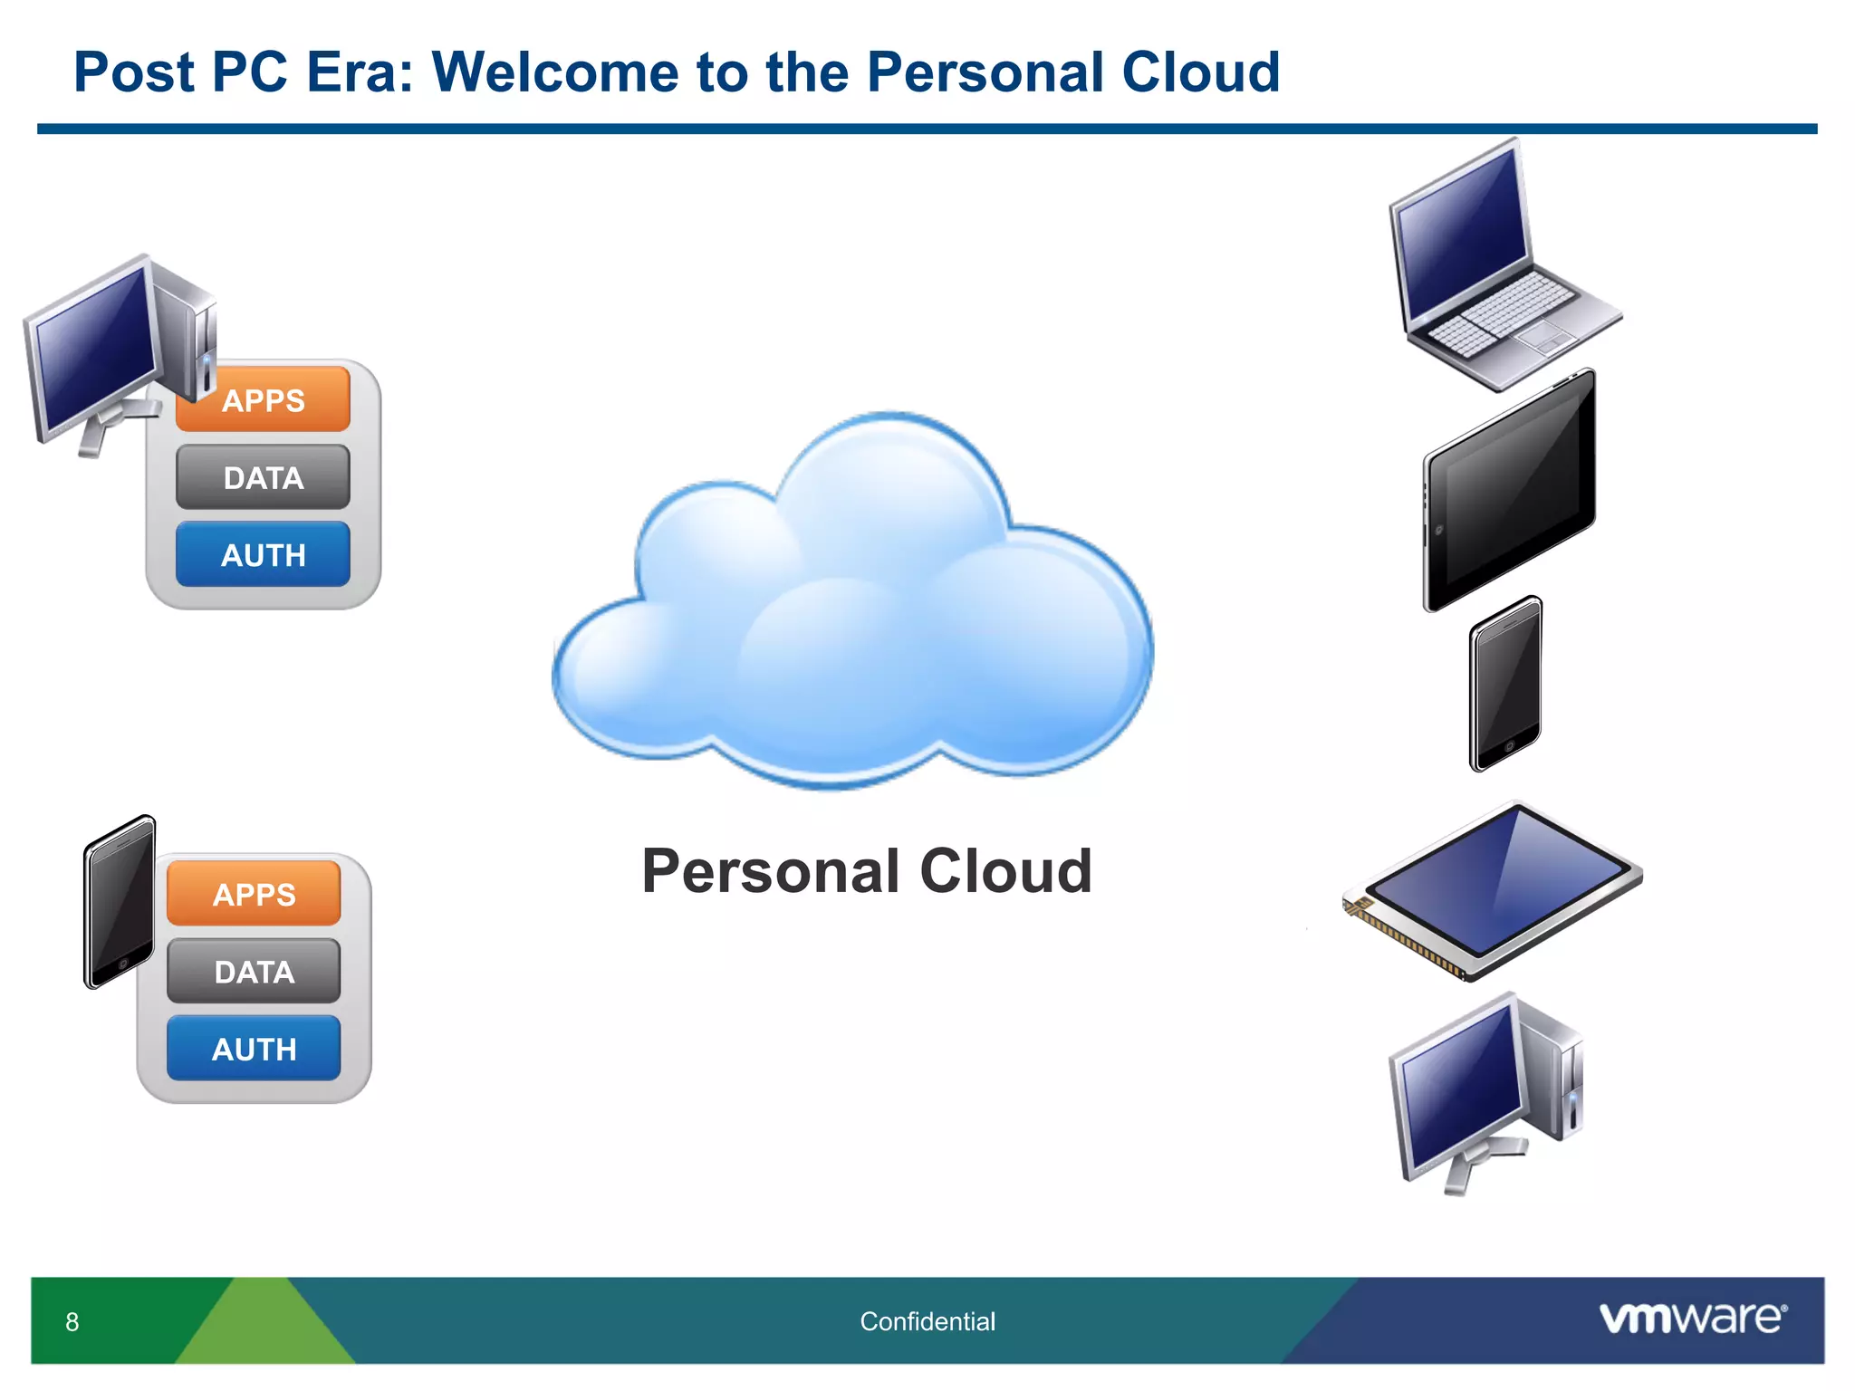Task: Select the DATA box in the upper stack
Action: point(263,477)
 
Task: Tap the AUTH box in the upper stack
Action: point(263,554)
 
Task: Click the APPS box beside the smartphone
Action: point(254,894)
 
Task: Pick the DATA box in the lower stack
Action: point(254,972)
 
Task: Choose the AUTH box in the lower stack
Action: point(254,1049)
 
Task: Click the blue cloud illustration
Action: point(851,616)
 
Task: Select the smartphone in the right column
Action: point(1505,684)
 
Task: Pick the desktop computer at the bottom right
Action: point(1485,1091)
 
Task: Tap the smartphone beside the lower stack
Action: point(120,901)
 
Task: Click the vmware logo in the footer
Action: point(1692,1318)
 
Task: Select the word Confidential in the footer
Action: point(927,1321)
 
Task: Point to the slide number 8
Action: point(72,1322)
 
